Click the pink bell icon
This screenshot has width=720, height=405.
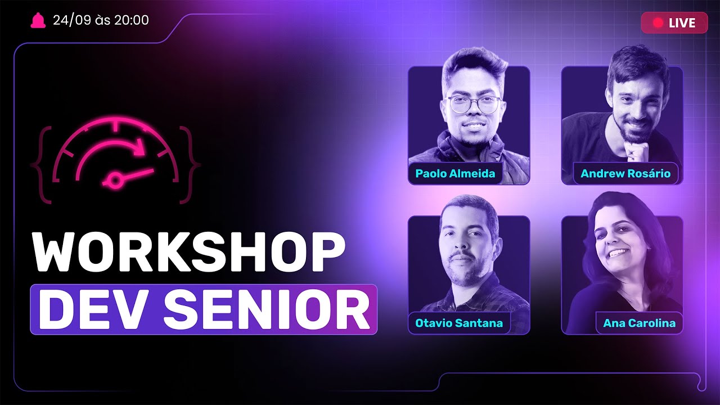(38, 20)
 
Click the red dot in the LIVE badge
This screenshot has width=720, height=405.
(658, 23)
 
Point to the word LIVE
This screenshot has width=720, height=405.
(682, 23)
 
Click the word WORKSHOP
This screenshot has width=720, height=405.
(188, 253)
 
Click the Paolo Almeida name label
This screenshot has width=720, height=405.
(455, 173)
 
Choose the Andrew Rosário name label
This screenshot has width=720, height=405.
(625, 173)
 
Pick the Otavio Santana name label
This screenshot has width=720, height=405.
(458, 323)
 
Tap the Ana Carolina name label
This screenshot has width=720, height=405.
(639, 323)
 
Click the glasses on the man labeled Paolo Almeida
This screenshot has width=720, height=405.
(473, 105)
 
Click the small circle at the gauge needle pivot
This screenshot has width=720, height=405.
(115, 180)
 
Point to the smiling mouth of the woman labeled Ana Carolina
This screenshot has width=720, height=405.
(619, 253)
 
